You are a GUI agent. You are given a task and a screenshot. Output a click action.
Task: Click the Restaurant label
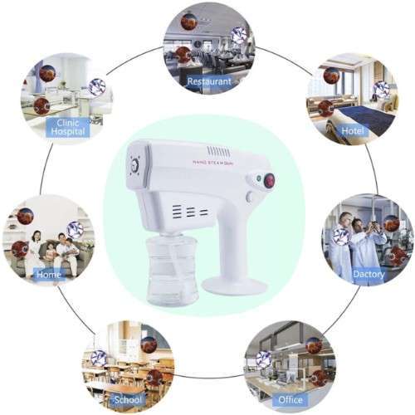(209, 81)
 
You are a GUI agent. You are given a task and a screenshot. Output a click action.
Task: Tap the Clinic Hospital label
(68, 127)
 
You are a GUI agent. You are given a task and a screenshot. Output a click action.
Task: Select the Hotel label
(353, 130)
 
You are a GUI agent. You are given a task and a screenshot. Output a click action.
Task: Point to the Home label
(49, 274)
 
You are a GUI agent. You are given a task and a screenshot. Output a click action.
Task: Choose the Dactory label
(369, 274)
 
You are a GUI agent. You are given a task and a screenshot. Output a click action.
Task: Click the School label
(128, 399)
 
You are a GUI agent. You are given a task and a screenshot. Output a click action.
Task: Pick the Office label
(290, 399)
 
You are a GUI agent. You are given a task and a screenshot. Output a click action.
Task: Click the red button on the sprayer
(269, 181)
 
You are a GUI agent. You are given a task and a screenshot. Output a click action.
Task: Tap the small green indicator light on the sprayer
(258, 178)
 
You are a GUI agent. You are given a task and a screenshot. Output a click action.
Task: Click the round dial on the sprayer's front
(135, 166)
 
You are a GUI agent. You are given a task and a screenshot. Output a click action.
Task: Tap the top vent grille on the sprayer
(218, 151)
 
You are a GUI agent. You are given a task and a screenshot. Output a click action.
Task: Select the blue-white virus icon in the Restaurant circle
(239, 36)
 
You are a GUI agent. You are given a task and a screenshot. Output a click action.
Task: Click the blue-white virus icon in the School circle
(99, 358)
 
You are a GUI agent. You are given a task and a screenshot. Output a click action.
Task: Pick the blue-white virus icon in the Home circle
(75, 230)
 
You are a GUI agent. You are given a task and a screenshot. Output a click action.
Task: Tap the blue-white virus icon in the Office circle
(264, 359)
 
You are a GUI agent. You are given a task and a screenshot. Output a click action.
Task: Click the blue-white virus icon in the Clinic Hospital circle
(97, 86)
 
